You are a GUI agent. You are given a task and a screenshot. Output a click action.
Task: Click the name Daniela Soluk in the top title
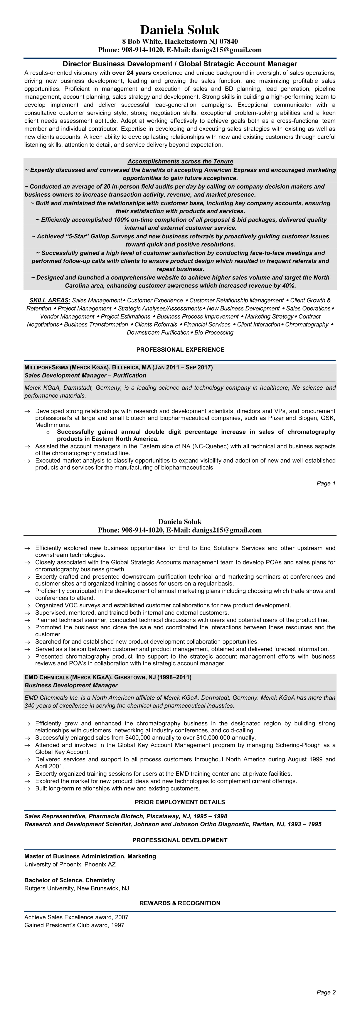coord(180,30)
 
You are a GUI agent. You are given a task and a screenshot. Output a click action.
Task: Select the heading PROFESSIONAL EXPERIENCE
coord(180,350)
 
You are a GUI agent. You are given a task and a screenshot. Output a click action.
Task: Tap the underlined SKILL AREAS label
coord(50,300)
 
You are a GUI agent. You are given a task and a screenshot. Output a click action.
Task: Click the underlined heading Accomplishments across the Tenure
coord(180,162)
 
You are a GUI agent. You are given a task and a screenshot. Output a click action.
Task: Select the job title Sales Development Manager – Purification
coord(85,375)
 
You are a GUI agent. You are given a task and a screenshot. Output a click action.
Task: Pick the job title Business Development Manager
coord(71,685)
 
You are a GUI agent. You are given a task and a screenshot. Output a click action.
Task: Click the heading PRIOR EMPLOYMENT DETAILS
coord(180,802)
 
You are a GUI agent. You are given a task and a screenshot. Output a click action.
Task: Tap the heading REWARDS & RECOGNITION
coord(180,903)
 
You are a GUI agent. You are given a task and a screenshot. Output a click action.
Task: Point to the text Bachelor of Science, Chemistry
coord(70,880)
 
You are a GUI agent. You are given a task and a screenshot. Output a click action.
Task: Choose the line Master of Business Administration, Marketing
coord(90,856)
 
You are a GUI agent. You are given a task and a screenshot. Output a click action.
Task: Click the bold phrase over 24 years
coord(132,73)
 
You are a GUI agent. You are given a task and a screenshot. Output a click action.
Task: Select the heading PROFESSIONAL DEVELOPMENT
coord(180,840)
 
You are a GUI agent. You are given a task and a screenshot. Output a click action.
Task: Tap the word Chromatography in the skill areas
coord(307,324)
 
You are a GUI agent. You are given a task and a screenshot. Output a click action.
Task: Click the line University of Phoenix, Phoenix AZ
coord(70,864)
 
